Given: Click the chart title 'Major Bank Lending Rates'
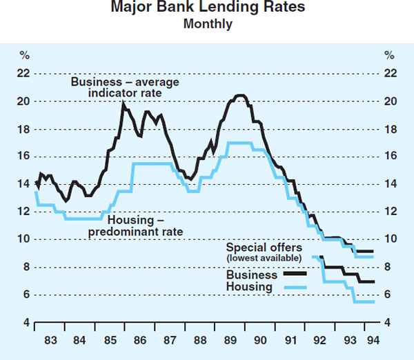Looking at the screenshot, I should [x=207, y=9].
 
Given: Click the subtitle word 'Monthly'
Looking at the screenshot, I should [x=207, y=24].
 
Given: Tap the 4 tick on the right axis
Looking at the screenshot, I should [x=390, y=323].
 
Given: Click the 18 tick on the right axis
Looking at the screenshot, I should [x=390, y=129].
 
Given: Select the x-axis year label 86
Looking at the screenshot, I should [x=140, y=340].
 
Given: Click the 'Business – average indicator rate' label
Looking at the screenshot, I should [x=125, y=88].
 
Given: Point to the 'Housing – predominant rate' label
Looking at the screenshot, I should [x=135, y=226].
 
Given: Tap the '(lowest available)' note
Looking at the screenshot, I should [x=264, y=258].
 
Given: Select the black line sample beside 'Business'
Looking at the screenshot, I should [x=295, y=274].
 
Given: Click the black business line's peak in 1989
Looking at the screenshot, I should [x=239, y=96].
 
